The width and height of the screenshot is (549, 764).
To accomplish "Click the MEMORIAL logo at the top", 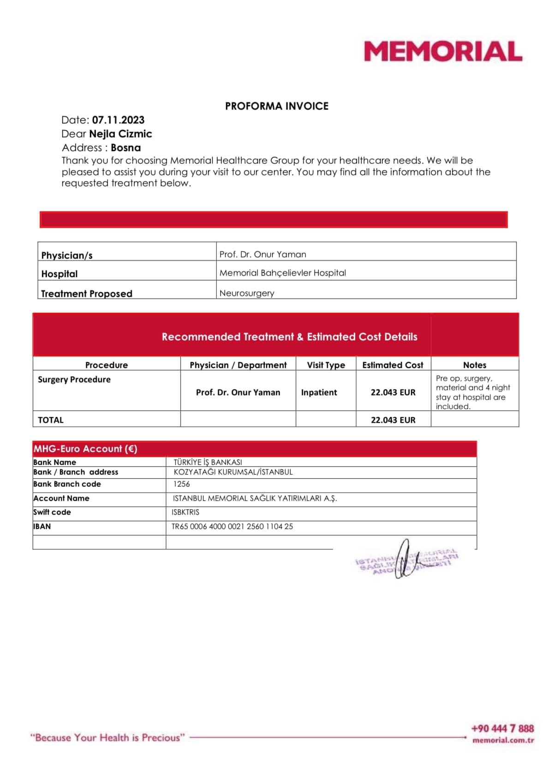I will (x=443, y=51).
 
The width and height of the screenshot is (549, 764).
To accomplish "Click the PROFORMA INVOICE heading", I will (x=277, y=106).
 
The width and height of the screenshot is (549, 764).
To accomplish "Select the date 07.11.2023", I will (x=118, y=120).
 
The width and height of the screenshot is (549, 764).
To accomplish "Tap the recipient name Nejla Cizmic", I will (x=120, y=134).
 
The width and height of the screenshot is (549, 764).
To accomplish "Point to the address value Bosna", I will (x=126, y=148).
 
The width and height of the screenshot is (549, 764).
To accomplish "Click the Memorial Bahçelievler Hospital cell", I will (x=282, y=273).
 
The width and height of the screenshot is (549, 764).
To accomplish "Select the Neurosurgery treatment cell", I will (x=247, y=293).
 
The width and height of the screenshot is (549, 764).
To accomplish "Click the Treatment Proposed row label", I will (x=87, y=293).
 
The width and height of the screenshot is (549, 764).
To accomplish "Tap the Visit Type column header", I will (x=326, y=365).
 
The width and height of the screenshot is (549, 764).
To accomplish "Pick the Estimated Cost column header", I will (x=393, y=365).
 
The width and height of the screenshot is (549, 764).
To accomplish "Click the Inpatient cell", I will (x=319, y=392).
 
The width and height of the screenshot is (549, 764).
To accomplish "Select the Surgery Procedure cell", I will (x=74, y=379).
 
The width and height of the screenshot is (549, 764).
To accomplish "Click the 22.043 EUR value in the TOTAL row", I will (x=393, y=420).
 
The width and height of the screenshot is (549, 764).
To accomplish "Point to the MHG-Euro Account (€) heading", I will (x=85, y=448).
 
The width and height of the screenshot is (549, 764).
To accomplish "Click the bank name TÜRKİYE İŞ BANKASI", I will (x=208, y=462).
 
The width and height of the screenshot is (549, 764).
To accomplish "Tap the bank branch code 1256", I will (x=181, y=484).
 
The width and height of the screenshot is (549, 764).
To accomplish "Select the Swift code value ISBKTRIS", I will (x=185, y=512).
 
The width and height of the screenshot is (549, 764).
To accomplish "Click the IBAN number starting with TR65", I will (x=232, y=526).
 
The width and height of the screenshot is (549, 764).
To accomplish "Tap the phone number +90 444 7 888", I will (x=502, y=728).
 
